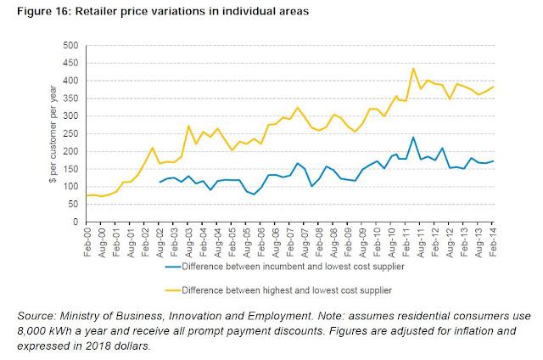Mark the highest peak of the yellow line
(389, 69)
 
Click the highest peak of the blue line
(389, 138)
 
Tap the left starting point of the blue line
(160, 183)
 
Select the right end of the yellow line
(494, 87)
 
